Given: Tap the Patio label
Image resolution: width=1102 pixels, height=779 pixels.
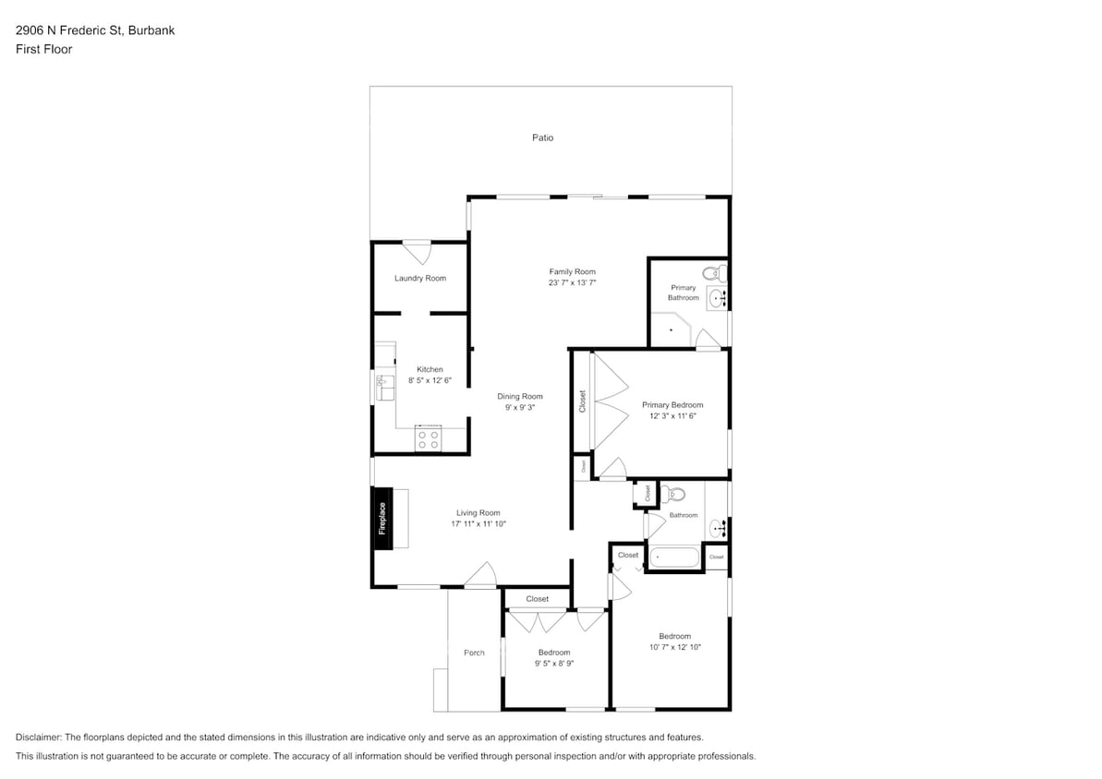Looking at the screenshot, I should (542, 138).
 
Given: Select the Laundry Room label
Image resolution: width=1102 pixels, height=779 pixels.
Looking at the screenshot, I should (419, 278).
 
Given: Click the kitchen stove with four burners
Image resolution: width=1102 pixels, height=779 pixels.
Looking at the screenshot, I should (428, 439).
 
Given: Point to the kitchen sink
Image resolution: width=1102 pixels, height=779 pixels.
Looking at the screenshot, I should (385, 387).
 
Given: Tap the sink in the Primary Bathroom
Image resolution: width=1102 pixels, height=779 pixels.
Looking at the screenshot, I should (718, 298).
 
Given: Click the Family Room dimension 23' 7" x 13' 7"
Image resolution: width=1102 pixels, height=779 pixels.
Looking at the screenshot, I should (572, 283).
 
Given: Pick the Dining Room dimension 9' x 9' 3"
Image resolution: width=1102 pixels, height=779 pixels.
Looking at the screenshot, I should (520, 407).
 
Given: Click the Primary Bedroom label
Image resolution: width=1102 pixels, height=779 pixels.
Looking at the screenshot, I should (672, 404).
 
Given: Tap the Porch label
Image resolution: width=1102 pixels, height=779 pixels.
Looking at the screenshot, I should (474, 653).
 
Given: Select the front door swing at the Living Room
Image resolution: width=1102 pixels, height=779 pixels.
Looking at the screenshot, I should (480, 576).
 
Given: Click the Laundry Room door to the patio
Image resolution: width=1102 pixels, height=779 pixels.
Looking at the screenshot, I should (417, 251).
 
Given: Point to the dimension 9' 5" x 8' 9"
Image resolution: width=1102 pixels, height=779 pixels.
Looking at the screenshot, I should (554, 664).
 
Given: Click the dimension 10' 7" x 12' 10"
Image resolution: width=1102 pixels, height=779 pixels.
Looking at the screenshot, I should (675, 647).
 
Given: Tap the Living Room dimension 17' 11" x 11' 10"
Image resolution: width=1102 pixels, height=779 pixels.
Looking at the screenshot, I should (478, 523).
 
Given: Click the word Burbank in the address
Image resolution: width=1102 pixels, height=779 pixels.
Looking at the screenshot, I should (154, 30).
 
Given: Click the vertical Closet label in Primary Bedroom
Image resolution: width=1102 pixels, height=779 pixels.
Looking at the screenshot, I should (582, 401).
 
